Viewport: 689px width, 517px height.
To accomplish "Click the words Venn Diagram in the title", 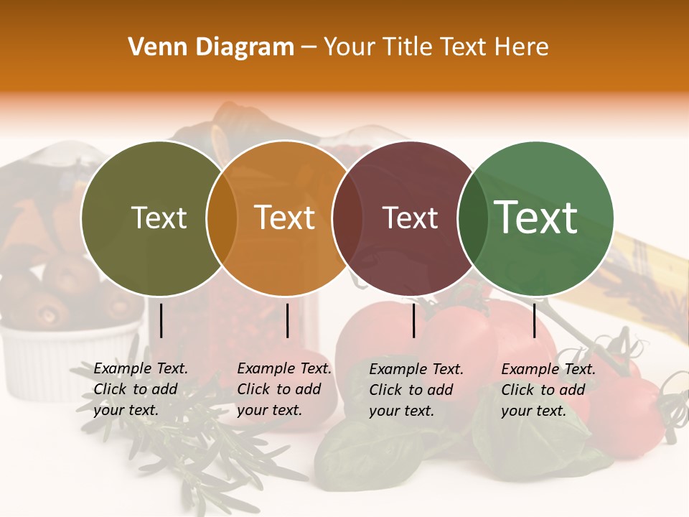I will pos(211,47).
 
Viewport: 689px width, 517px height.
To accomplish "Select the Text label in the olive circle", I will pos(159,218).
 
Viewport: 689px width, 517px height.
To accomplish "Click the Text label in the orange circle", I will pos(285,218).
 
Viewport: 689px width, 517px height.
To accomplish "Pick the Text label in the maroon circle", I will pos(411,218).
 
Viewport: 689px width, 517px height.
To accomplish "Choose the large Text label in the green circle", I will pos(536,218).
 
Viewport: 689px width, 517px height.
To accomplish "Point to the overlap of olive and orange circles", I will pos(222,218).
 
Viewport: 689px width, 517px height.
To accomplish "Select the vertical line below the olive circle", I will pos(161,320).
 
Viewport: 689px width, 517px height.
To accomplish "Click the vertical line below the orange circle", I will pos(287,320).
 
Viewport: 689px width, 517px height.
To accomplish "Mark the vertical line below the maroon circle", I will pos(413,320).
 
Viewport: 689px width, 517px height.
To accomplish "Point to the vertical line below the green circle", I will pos(534,320).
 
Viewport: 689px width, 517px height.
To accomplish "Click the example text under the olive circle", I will pos(140,389).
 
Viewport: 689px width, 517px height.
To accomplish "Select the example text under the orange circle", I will pos(283,389).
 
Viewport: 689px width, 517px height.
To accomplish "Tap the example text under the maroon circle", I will pos(416,390).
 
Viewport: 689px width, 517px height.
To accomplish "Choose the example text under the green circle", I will pos(548,390).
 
